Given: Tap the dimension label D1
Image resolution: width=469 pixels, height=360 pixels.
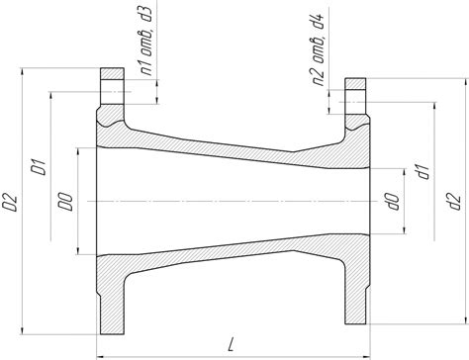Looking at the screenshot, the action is click(x=38, y=166).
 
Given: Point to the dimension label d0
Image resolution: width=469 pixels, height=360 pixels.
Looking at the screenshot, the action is click(x=394, y=202).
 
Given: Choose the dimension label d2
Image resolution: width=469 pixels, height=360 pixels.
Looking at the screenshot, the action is click(x=454, y=201).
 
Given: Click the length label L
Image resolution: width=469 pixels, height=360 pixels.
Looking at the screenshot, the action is click(x=232, y=344).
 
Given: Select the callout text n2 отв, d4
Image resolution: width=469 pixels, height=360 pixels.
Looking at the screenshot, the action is click(x=319, y=46).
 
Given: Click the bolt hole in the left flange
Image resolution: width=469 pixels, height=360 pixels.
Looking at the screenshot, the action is click(x=112, y=92).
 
